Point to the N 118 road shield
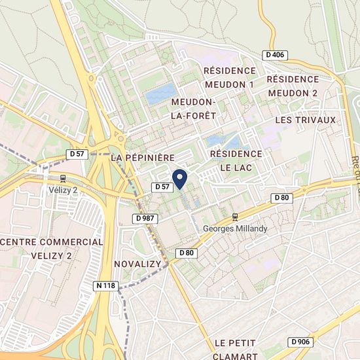(x=106, y=285)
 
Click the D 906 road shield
(x=300, y=342)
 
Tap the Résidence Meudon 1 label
(x=229, y=77)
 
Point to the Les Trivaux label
(x=305, y=120)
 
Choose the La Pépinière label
(x=142, y=158)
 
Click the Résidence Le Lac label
(x=235, y=160)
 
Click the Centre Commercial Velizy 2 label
(x=52, y=248)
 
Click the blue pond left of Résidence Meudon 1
(x=160, y=95)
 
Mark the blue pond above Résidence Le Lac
(x=223, y=139)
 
